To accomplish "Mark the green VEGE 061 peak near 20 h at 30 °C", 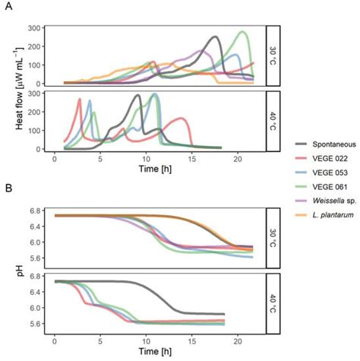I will (x=242, y=32).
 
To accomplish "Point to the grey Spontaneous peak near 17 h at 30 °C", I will (x=216, y=36).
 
